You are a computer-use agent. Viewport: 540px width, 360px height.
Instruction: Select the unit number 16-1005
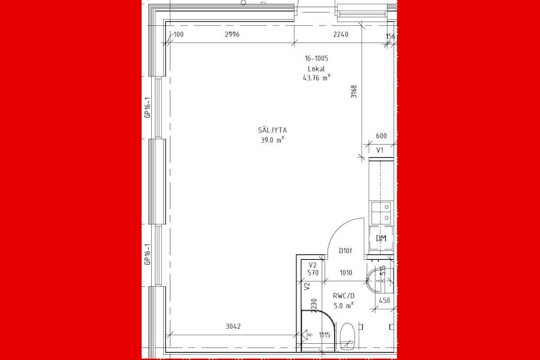pyautogui.click(x=316, y=59)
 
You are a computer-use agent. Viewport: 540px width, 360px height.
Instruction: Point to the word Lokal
pyautogui.click(x=316, y=68)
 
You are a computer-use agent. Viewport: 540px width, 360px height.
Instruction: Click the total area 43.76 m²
pyautogui.click(x=317, y=77)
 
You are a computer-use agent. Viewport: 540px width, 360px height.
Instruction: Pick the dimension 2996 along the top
pyautogui.click(x=232, y=35)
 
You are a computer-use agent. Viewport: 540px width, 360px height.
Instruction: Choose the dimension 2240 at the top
pyautogui.click(x=340, y=35)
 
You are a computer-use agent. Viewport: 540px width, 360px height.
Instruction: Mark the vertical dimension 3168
pyautogui.click(x=354, y=91)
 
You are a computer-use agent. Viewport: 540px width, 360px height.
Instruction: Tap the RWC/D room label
pyautogui.click(x=343, y=295)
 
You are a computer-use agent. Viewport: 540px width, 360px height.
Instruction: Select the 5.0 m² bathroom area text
pyautogui.click(x=343, y=305)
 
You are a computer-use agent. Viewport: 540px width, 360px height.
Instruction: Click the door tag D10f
pyautogui.click(x=345, y=251)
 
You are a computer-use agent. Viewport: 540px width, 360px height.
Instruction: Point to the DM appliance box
pyautogui.click(x=381, y=238)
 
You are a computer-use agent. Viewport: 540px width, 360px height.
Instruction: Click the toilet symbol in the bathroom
pyautogui.click(x=347, y=336)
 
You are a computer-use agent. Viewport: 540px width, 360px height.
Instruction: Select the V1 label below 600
pyautogui.click(x=380, y=150)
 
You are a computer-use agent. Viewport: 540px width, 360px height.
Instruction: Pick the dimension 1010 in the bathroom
pyautogui.click(x=346, y=274)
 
